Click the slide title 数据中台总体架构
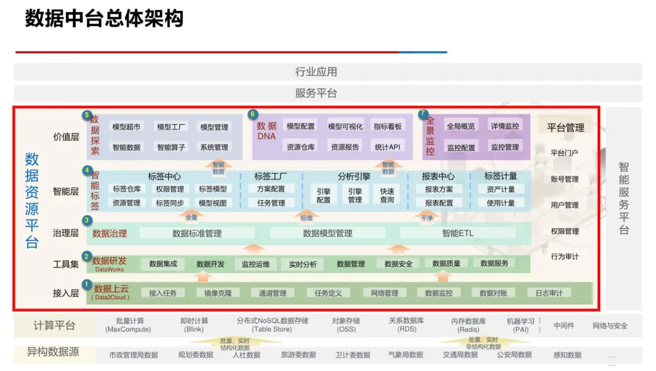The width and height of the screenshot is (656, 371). [104, 19]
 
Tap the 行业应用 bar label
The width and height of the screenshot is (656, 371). [316, 72]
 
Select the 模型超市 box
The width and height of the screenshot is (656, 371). [126, 127]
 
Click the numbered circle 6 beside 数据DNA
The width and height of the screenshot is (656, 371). [253, 114]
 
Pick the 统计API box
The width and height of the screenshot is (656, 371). [388, 147]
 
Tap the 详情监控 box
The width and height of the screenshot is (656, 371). [505, 127]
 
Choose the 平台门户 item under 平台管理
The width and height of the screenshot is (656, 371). [564, 153]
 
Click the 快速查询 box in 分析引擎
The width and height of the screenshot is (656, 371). [387, 195]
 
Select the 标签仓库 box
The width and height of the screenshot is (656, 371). [126, 189]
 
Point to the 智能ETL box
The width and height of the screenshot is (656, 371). [458, 233]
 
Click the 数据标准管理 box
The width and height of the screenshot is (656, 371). [197, 233]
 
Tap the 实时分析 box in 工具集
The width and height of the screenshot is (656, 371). [302, 264]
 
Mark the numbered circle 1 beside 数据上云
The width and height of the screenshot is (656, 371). [87, 284]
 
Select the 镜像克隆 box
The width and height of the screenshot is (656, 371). [217, 293]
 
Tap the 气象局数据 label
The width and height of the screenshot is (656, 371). [406, 355]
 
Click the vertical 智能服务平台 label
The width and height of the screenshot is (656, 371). [624, 198]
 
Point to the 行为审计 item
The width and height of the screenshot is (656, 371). [564, 257]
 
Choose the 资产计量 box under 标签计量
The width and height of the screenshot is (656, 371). [501, 189]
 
